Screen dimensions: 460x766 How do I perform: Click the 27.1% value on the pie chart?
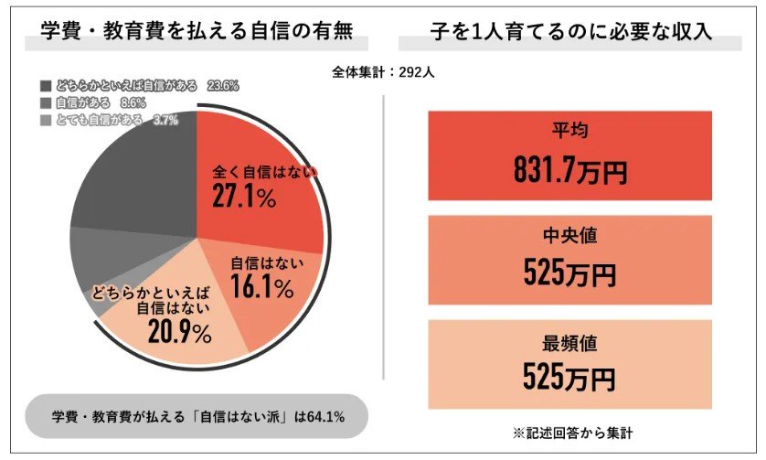coord(244,198)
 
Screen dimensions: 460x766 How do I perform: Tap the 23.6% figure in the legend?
coord(222,86)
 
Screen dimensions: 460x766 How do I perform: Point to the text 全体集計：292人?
coord(382,74)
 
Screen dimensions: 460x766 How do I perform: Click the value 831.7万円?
coord(569,168)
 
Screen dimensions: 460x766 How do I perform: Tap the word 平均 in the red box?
coord(569,131)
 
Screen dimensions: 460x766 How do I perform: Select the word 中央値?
coord(569,236)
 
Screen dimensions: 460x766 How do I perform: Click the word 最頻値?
coord(569,343)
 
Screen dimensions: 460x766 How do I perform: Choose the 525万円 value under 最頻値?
coord(569,377)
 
